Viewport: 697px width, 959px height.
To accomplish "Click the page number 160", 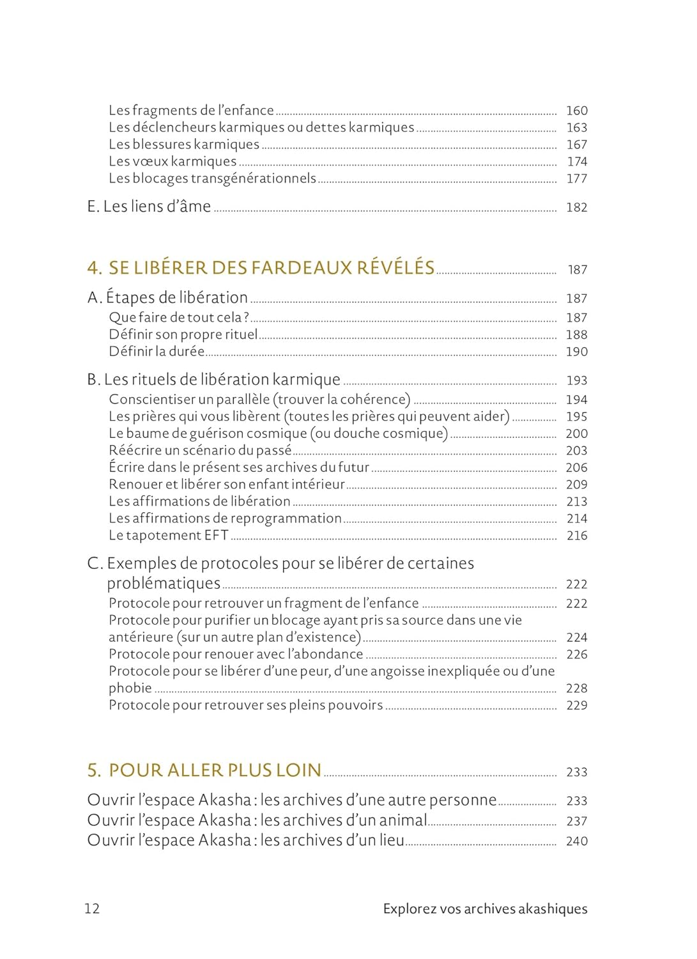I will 576,111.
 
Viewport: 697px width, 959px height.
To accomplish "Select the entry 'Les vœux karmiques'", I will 172,161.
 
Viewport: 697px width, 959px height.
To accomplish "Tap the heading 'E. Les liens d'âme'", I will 149,207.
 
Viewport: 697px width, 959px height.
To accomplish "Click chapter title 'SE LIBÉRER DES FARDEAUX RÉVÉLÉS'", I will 272,267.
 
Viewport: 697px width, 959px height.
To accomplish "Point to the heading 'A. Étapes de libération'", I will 167,297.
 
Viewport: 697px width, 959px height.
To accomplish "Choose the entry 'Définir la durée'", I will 157,351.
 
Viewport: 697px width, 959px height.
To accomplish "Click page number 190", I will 576,352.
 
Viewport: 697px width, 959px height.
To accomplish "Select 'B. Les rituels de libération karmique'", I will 213,379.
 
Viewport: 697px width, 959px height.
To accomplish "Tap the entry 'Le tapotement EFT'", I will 168,535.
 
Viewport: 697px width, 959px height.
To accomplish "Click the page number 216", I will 576,536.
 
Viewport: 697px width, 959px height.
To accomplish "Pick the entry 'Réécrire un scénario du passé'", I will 200,450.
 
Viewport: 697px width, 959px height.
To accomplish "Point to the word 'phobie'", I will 130,688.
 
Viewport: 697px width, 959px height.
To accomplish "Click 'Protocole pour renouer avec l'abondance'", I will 236,654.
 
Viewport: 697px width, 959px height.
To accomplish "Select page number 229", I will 576,705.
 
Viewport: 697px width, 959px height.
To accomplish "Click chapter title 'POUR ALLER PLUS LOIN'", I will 215,770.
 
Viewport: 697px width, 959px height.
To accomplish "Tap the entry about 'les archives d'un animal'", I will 257,820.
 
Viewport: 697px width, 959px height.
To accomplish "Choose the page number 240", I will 576,841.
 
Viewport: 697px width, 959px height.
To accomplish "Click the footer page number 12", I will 92,908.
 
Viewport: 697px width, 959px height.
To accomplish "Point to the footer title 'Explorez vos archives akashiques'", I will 485,908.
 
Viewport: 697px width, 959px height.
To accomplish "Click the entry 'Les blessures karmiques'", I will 184,144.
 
